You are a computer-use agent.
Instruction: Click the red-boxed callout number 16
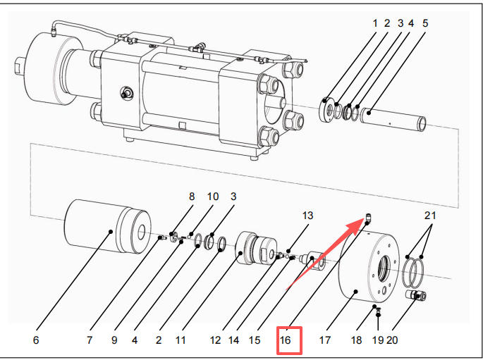pyautogui.click(x=286, y=340)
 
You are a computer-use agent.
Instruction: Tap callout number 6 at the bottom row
pyautogui.click(x=36, y=340)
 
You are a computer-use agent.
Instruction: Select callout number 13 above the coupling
pyautogui.click(x=307, y=214)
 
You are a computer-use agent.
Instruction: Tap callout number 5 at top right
pyautogui.click(x=425, y=23)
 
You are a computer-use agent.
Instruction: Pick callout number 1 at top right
pyautogui.click(x=376, y=23)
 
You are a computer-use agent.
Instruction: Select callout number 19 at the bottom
pyautogui.click(x=379, y=340)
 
